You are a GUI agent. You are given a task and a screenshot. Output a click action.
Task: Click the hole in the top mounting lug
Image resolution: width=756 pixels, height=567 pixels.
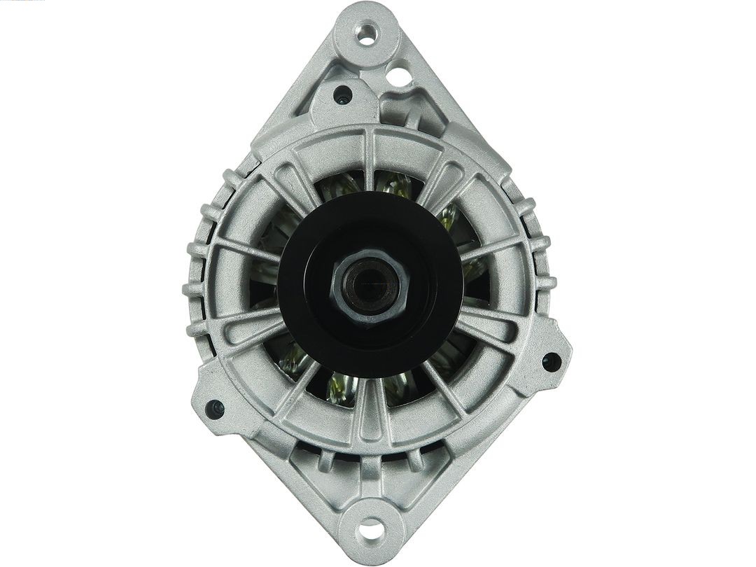[x=367, y=33]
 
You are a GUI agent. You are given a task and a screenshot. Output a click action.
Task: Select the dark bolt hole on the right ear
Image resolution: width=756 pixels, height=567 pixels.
[x=552, y=362]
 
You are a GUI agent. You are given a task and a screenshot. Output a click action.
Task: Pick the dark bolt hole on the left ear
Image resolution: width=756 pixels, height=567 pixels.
[x=214, y=408]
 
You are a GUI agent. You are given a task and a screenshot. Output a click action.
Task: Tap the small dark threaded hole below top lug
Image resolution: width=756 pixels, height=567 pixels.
[x=342, y=94]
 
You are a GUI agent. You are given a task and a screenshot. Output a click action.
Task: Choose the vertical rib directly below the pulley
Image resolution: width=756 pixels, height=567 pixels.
[x=368, y=413]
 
